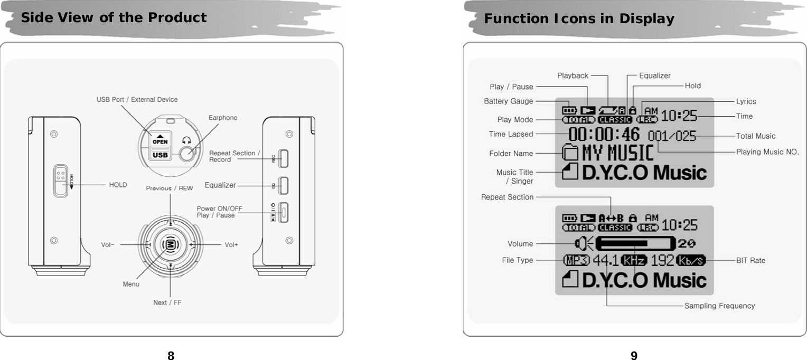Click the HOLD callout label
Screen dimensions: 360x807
click(118, 185)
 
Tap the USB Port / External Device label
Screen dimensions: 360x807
click(137, 99)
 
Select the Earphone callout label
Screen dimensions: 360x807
click(223, 118)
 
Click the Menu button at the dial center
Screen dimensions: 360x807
click(171, 245)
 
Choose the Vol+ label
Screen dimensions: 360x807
click(231, 245)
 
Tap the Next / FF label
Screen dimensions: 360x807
click(167, 302)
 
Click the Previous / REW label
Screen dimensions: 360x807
click(170, 188)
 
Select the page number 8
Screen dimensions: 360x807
click(171, 355)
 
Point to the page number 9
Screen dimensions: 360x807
click(634, 355)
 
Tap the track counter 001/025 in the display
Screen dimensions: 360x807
click(672, 136)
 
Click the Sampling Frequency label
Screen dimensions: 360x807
click(719, 306)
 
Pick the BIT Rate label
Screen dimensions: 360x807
click(750, 260)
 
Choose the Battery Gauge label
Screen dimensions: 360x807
click(508, 101)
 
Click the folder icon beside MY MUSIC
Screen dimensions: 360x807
click(569, 154)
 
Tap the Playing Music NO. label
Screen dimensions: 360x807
click(767, 152)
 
